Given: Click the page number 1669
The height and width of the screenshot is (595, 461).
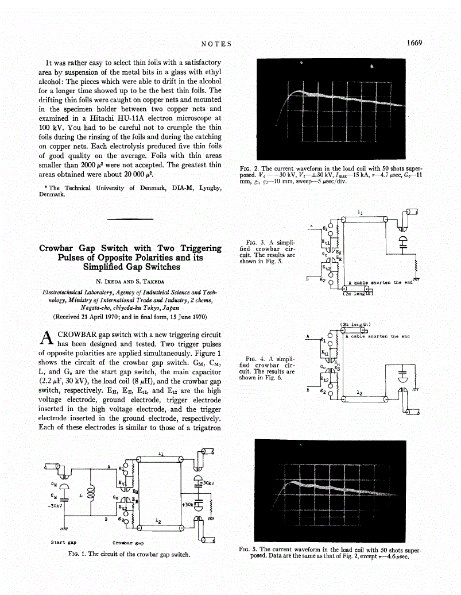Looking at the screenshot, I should [414, 43].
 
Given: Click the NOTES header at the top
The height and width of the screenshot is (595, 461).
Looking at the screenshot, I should [216, 44].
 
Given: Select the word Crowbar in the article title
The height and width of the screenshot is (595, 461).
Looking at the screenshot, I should [60, 248].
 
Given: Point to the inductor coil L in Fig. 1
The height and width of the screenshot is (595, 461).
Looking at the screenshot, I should [91, 495].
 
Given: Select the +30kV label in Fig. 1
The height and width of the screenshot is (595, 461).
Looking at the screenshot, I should [188, 504].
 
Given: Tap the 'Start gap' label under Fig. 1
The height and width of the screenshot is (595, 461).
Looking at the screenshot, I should [64, 542].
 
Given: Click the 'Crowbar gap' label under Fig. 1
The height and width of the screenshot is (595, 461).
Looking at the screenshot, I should [127, 542].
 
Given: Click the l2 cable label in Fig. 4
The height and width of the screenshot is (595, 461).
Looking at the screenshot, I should [359, 393].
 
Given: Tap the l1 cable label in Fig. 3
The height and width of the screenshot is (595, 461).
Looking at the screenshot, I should [360, 212].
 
